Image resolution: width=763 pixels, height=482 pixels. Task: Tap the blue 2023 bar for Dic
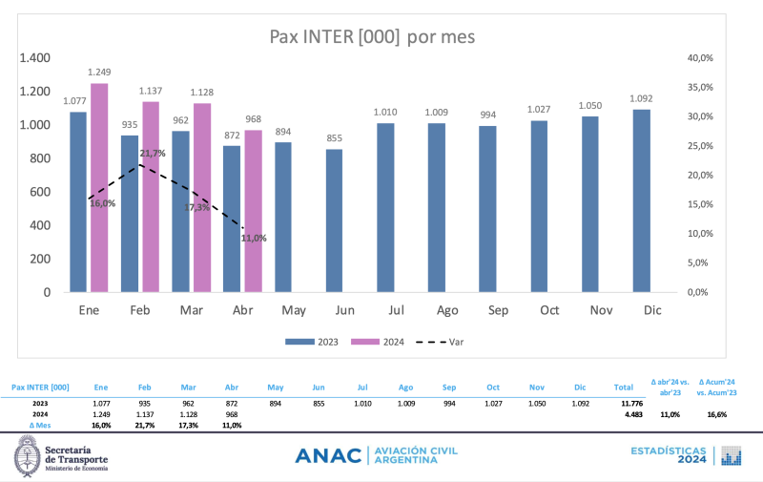pyautogui.click(x=641, y=200)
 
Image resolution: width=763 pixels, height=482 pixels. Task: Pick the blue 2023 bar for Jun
pyautogui.click(x=334, y=220)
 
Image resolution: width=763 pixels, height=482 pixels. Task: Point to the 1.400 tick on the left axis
pyautogui.click(x=34, y=58)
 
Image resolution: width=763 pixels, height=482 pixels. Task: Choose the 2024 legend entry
pyautogui.click(x=379, y=341)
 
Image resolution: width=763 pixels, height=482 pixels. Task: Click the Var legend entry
pyautogui.click(x=451, y=341)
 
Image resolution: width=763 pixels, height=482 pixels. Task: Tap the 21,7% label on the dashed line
pyautogui.click(x=153, y=153)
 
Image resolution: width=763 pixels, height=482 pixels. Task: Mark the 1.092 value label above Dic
pyautogui.click(x=641, y=98)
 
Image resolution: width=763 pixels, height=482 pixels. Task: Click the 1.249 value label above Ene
pyautogui.click(x=99, y=73)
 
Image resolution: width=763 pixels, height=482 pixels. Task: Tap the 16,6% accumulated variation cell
pyautogui.click(x=716, y=414)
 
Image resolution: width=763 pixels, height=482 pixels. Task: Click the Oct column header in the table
pyautogui.click(x=492, y=388)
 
